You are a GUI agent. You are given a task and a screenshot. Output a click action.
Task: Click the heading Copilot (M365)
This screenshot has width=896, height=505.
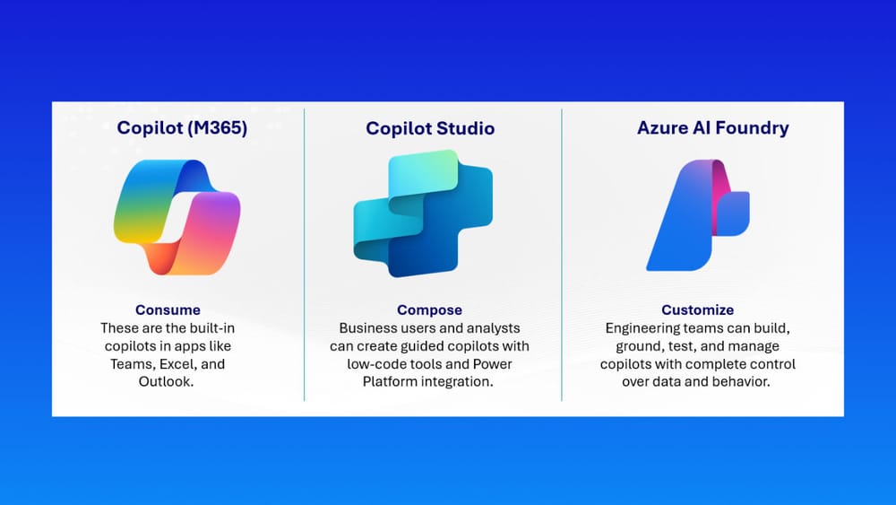(182, 127)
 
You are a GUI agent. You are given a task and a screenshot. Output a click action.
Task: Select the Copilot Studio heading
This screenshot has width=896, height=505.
(430, 128)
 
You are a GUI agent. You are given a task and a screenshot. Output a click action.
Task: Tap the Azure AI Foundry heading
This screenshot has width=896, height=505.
(713, 127)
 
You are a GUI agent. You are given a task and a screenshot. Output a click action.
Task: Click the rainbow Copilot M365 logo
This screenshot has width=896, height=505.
(177, 217)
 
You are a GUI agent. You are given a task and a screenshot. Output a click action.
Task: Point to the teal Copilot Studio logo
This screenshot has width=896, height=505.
(424, 213)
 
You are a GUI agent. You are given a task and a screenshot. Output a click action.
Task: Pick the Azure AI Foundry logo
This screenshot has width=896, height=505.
(698, 215)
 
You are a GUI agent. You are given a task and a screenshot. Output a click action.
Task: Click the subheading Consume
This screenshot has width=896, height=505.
(168, 310)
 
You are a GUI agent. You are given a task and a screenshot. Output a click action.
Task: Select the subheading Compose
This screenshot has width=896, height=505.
(430, 310)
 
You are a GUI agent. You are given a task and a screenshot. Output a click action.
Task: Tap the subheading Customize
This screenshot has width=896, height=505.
(698, 310)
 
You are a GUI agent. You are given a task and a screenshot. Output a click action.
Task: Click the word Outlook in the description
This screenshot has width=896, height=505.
(164, 381)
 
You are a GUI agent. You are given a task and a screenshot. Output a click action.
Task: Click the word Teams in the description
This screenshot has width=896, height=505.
(131, 364)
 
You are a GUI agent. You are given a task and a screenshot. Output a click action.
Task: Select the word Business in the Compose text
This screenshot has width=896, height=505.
(365, 328)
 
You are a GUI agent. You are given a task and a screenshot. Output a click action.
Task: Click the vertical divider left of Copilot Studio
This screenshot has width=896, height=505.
(305, 255)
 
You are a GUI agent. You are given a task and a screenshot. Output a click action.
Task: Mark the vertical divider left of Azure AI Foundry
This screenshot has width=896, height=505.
(562, 255)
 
